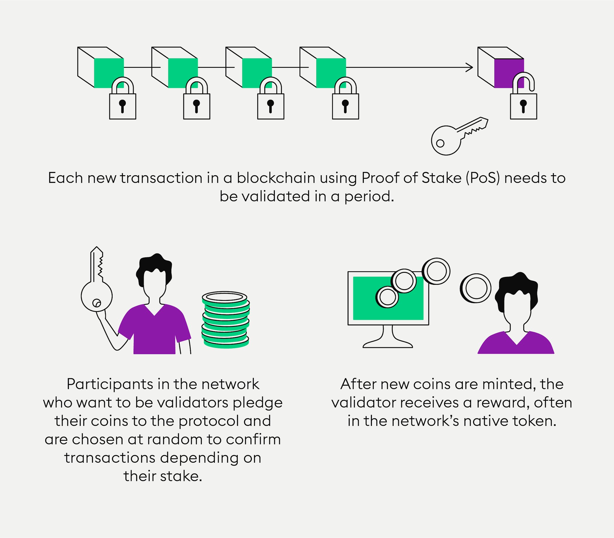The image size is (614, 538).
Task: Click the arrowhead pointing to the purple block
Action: click(x=469, y=67)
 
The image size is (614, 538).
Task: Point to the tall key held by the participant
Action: click(x=96, y=282)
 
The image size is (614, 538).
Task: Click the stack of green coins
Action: click(x=225, y=320)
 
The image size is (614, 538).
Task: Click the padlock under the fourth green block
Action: click(x=346, y=105)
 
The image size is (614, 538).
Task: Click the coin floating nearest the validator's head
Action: click(x=475, y=288)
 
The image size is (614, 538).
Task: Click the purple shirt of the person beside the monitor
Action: click(x=516, y=345)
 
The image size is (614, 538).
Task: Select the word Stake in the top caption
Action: click(x=441, y=178)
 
